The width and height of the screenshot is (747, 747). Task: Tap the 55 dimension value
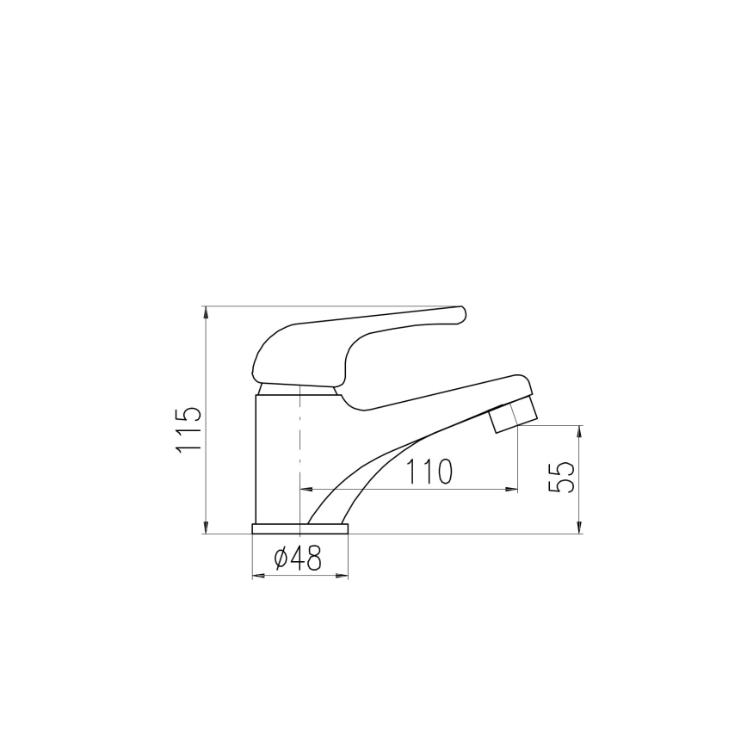[560, 477]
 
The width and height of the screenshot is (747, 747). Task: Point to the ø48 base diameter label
[298, 559]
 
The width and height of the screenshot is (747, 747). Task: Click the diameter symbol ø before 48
[281, 559]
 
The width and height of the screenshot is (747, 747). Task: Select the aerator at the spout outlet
[513, 417]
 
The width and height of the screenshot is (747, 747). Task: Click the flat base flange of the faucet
[299, 528]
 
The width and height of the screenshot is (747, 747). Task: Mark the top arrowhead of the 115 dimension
[206, 312]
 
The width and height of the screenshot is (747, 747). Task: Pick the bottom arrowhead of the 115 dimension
[206, 528]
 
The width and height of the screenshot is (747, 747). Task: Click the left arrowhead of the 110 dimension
[305, 490]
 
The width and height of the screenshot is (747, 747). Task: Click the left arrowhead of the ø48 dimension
[256, 575]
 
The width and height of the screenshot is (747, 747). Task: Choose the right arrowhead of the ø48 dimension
[343, 575]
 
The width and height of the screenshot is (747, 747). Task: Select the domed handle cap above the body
[284, 353]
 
